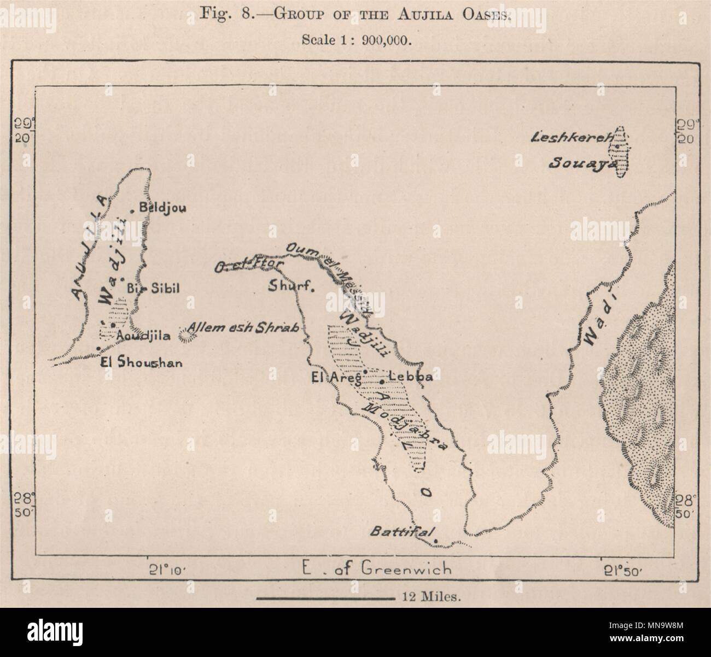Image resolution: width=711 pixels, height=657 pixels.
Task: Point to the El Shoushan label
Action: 142,362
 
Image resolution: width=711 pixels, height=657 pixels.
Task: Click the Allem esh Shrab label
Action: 243,328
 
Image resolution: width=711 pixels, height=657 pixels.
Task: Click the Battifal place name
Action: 402,532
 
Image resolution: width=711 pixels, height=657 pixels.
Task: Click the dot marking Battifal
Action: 436,542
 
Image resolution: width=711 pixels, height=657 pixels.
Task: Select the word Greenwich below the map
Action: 406,569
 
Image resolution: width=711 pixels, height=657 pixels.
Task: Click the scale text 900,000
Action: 385,39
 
